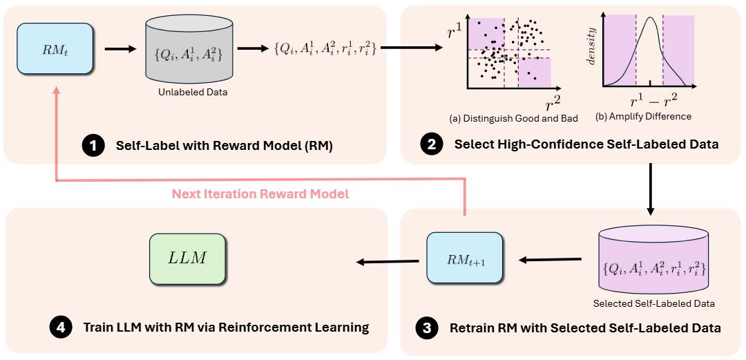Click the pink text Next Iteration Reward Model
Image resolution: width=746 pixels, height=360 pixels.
pyautogui.click(x=260, y=194)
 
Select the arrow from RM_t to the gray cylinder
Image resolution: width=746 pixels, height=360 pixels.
pyautogui.click(x=119, y=49)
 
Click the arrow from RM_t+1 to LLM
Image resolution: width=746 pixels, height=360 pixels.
pyautogui.click(x=387, y=261)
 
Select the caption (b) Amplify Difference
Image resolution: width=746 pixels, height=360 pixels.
pyautogui.click(x=643, y=116)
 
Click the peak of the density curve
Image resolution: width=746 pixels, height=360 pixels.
pyautogui.click(x=649, y=17)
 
